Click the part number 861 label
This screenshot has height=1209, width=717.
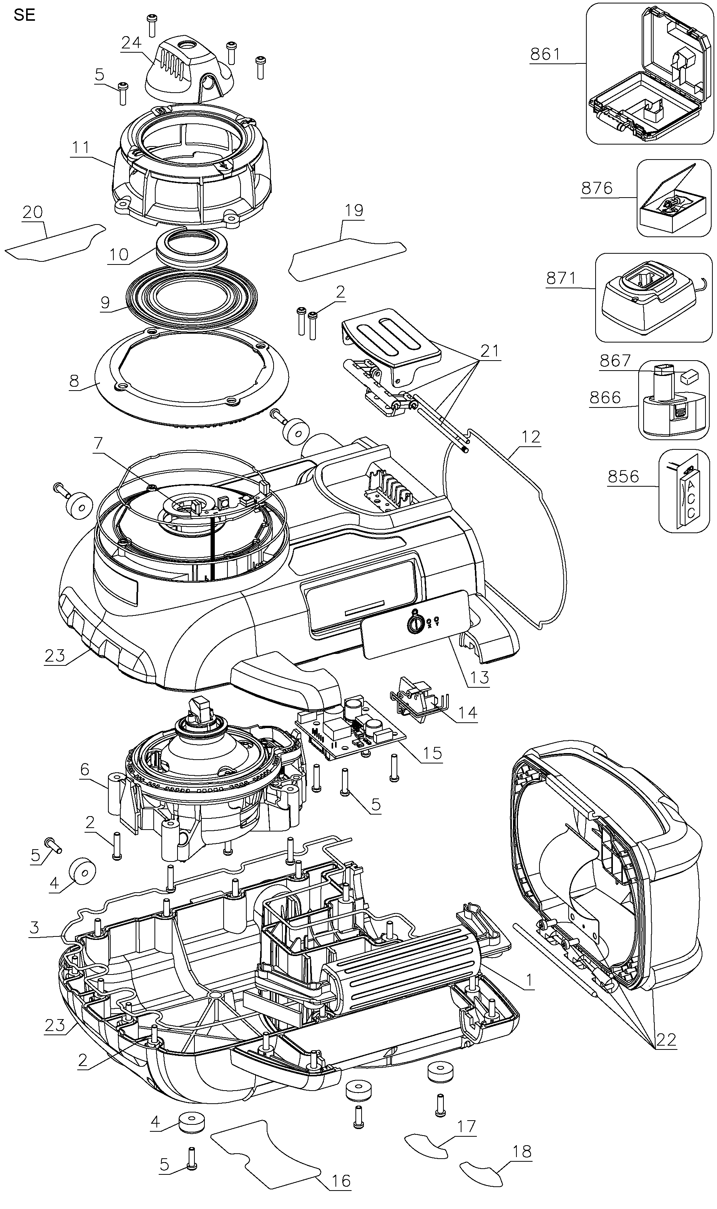pos(545,54)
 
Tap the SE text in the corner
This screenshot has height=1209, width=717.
pos(24,15)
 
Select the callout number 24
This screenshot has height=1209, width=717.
pos(131,43)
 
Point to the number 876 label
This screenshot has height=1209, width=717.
pos(597,188)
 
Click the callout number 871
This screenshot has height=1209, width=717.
pos(561,278)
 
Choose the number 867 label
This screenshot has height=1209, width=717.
pos(615,361)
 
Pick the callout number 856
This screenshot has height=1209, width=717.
pos(623,476)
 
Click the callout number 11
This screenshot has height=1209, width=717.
pos(81,147)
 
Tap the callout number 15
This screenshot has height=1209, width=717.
pos(432,752)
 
